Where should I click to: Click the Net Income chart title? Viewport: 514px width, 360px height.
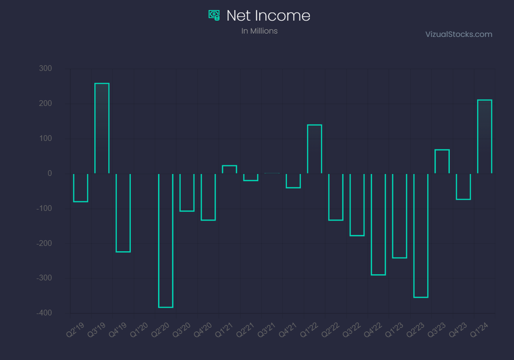click(x=268, y=15)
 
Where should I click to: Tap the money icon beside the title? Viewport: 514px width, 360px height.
click(x=214, y=15)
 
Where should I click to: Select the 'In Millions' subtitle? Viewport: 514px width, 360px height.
click(x=259, y=31)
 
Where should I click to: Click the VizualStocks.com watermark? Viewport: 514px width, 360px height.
click(x=458, y=34)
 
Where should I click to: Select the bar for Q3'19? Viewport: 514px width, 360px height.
click(x=102, y=128)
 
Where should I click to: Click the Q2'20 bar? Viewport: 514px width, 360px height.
click(x=166, y=241)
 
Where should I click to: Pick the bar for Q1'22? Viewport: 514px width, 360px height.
click(x=314, y=149)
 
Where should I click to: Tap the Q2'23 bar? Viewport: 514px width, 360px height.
click(x=421, y=235)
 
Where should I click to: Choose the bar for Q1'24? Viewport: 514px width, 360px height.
click(x=484, y=136)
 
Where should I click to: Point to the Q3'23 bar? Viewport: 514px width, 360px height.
click(x=442, y=161)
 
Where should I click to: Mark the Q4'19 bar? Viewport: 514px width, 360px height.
click(x=123, y=213)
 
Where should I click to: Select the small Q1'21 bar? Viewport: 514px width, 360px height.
click(x=229, y=169)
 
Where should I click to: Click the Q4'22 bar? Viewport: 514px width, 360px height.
click(x=378, y=224)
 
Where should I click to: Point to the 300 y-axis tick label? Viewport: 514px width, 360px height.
click(x=45, y=68)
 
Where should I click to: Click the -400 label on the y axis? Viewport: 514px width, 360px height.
click(x=44, y=313)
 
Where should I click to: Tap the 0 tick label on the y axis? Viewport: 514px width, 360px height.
click(x=50, y=173)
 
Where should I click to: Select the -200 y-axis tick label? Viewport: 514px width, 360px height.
click(x=44, y=243)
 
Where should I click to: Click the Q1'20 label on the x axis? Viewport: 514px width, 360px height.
click(x=139, y=329)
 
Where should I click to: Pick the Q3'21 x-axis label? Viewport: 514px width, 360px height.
click(x=266, y=329)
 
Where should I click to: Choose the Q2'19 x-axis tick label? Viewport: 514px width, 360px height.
click(x=75, y=329)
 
